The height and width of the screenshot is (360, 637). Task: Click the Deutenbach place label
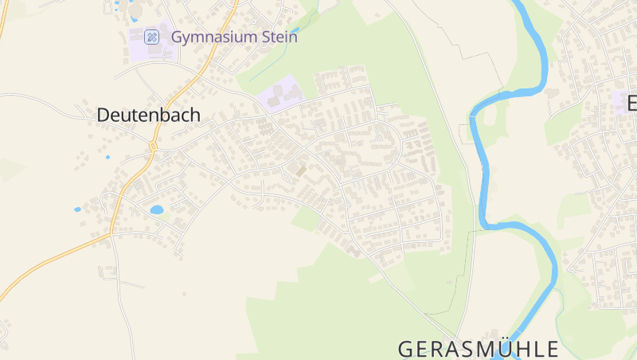click(148, 115)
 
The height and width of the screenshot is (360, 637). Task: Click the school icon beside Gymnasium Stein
click(151, 37)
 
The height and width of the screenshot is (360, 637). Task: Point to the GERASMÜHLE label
click(478, 349)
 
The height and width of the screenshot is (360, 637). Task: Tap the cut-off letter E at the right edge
click(632, 104)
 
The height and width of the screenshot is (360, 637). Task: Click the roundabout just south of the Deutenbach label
click(151, 147)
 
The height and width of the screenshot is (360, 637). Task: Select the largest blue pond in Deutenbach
click(156, 210)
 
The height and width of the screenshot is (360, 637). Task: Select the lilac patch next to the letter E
click(619, 101)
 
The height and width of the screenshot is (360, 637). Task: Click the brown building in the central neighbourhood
click(300, 170)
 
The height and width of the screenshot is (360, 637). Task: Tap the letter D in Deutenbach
click(103, 115)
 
